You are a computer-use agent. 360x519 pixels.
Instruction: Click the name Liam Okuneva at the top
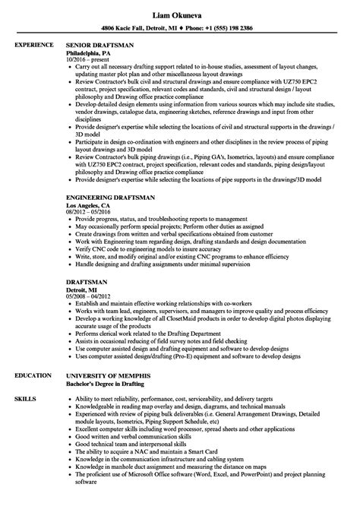point(179,7)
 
